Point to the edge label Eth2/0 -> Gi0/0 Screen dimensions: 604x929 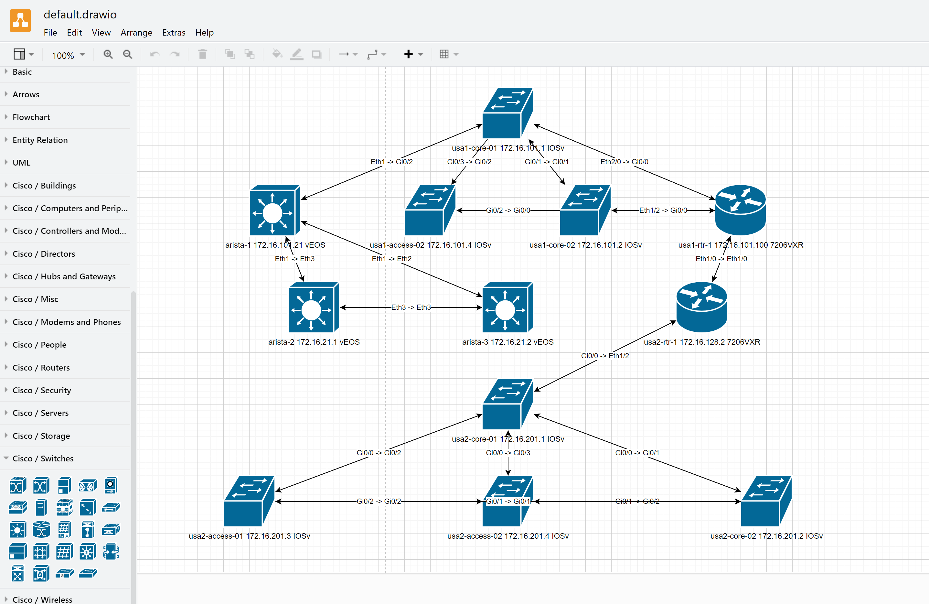click(624, 162)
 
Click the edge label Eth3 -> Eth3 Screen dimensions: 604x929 click(411, 307)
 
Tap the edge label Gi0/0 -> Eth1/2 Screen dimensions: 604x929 click(605, 356)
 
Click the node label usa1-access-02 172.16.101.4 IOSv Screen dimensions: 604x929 click(430, 245)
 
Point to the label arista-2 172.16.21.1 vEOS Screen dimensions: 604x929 click(314, 342)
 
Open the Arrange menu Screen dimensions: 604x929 click(136, 32)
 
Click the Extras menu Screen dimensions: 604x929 click(174, 32)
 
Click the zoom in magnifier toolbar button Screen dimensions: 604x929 click(108, 54)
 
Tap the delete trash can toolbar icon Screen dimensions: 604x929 click(202, 54)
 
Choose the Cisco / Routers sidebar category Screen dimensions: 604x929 click(41, 367)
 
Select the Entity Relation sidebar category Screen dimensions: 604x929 click(40, 140)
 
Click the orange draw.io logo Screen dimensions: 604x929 click(20, 21)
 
